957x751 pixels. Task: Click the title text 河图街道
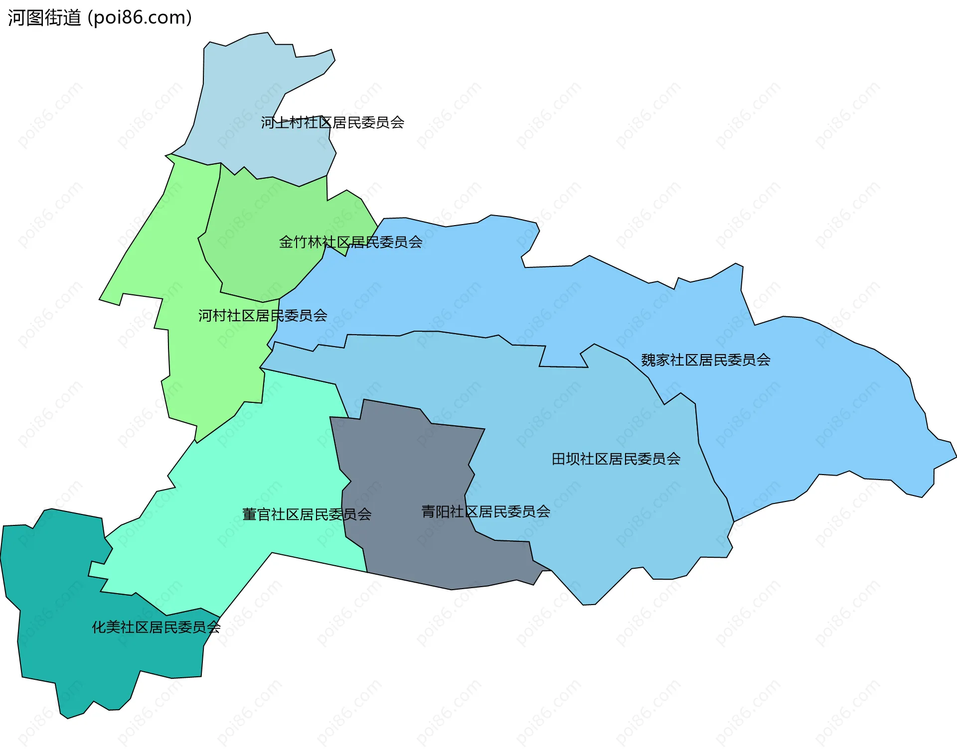(44, 18)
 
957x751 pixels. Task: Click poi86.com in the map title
(139, 18)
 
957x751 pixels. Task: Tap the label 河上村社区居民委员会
(332, 123)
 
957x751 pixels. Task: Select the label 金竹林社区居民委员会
(350, 242)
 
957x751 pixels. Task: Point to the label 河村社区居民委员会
(263, 315)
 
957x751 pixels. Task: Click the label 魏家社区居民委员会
(705, 360)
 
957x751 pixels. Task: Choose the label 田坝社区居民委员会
(616, 459)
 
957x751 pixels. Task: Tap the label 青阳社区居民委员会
(485, 511)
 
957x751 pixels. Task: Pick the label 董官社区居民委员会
(307, 514)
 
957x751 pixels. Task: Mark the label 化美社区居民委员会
(156, 627)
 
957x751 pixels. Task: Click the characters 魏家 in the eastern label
(655, 360)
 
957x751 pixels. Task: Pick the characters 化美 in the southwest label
(106, 627)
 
